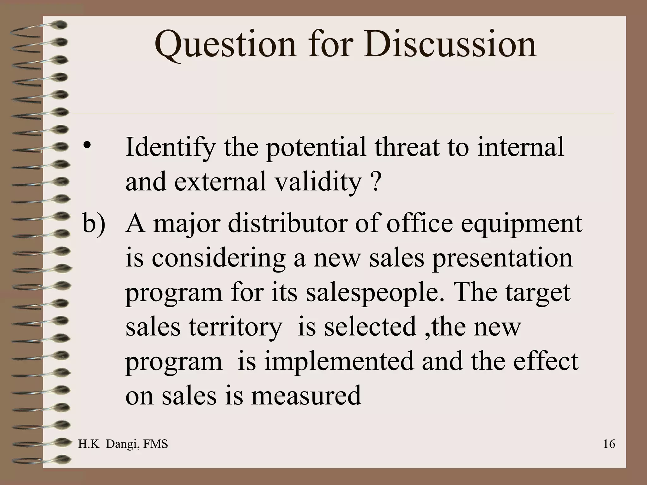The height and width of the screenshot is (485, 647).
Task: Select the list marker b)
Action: point(94,224)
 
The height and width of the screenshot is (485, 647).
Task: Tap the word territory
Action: point(235,327)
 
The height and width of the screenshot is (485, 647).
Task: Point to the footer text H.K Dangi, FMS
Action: point(123,444)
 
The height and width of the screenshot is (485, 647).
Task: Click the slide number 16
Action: point(609,444)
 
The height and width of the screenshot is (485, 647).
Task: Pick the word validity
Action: point(318,182)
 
